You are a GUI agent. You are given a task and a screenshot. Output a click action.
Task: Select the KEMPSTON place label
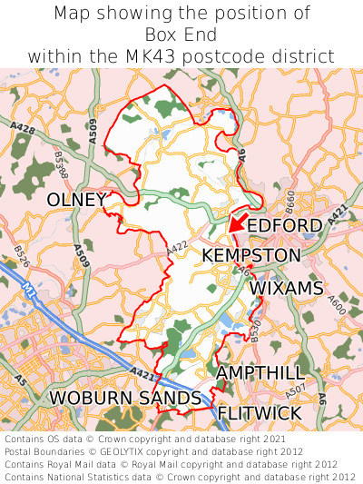tap(250, 255)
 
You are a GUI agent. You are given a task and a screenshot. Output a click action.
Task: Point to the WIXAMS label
tap(286, 288)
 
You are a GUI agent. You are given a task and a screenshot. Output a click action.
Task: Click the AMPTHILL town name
tap(260, 373)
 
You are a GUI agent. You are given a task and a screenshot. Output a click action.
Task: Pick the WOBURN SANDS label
tap(125, 398)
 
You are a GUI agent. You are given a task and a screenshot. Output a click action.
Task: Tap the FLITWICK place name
tap(260, 413)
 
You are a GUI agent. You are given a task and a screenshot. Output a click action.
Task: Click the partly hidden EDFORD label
tap(285, 225)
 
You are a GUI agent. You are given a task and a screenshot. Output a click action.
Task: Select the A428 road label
tap(25, 132)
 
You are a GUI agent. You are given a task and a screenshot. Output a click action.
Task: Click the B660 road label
tap(290, 199)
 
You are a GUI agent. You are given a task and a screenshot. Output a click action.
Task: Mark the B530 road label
tap(255, 331)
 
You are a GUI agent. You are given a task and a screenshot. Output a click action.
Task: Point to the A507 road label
tap(296, 392)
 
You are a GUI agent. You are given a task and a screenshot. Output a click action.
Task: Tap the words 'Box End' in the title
tap(181, 35)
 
